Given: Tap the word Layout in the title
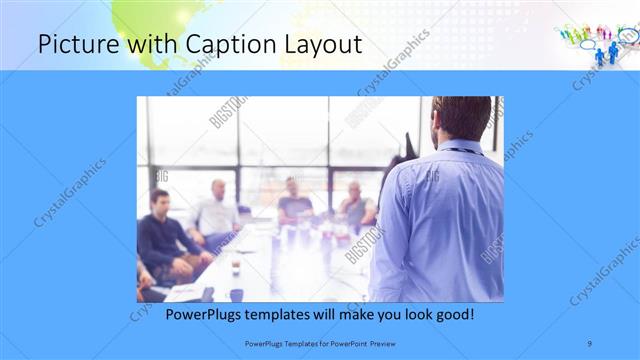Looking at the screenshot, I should (319, 44).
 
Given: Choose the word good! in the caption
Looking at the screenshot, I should (453, 314).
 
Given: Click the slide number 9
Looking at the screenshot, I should (590, 343).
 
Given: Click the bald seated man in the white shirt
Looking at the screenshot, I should (217, 210).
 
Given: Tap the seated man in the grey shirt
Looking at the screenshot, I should (355, 205).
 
